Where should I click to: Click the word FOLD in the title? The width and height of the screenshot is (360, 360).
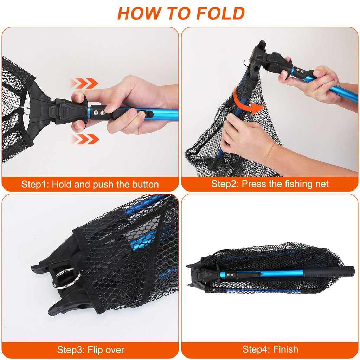pos(220,13)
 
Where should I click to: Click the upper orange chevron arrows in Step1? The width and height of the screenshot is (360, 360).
pos(84,83)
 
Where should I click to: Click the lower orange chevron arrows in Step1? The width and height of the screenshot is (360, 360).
pos(85,139)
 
